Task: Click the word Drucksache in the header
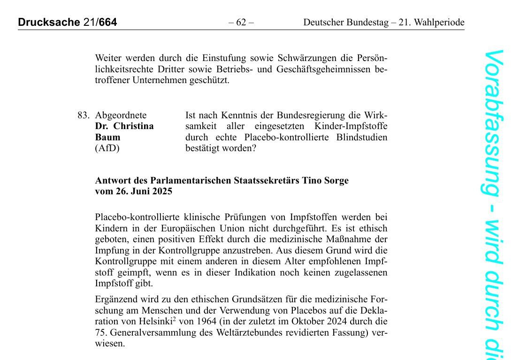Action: (47, 22)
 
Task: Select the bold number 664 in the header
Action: (108, 22)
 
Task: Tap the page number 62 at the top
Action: (241, 22)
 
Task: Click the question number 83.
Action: (84, 115)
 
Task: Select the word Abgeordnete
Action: (121, 115)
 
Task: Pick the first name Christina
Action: (133, 126)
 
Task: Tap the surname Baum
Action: (107, 138)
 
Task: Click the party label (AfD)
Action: (107, 148)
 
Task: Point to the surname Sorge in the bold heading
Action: (334, 181)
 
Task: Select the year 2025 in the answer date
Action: (161, 191)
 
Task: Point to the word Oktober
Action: (326, 322)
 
